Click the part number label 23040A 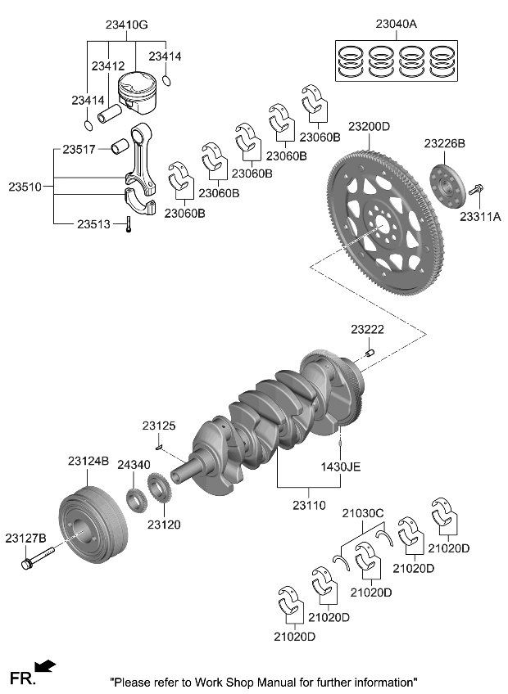[396, 25]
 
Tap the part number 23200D [369, 127]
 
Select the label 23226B [444, 143]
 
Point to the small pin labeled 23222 [369, 353]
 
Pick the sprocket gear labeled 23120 [158, 497]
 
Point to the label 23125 [159, 426]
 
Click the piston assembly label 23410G [126, 25]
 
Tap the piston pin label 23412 [107, 65]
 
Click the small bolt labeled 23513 [129, 225]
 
